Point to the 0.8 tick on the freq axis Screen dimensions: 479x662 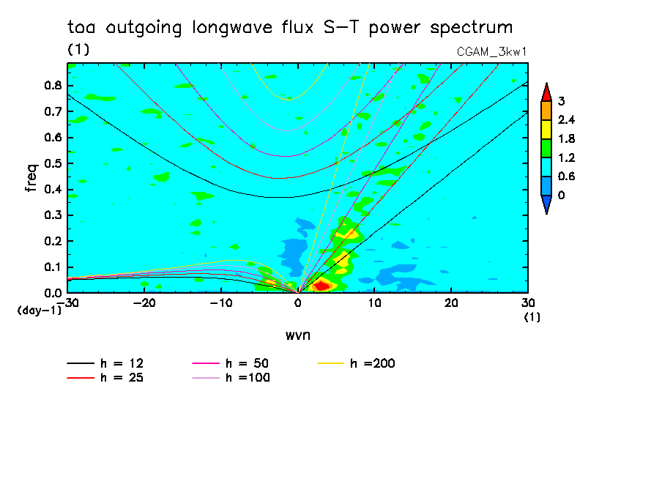53,85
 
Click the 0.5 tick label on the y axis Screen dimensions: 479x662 53,163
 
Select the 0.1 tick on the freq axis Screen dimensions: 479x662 53,267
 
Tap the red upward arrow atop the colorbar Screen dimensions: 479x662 546,92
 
